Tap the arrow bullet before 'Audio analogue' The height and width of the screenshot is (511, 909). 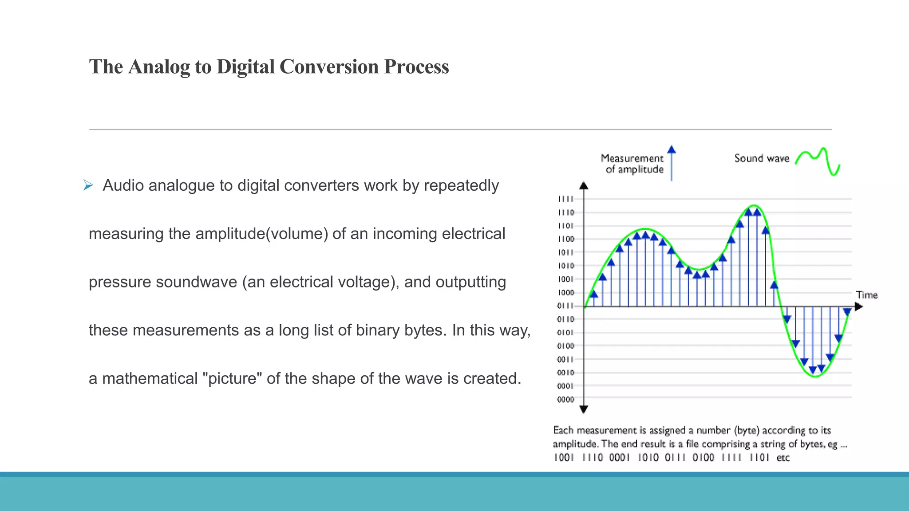click(x=88, y=185)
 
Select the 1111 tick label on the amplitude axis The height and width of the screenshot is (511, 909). click(x=565, y=199)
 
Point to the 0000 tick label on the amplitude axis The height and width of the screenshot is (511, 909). click(x=565, y=400)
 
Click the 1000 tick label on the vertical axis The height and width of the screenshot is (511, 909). click(x=565, y=293)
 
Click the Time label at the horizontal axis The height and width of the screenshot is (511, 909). click(x=867, y=295)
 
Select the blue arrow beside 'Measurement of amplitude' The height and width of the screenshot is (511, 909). click(x=672, y=163)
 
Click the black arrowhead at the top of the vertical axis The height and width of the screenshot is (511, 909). click(x=584, y=186)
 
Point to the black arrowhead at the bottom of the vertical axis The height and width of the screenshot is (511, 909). click(x=584, y=409)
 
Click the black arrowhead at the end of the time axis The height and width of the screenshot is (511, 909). click(x=859, y=307)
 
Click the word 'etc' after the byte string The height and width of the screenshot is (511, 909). click(x=783, y=458)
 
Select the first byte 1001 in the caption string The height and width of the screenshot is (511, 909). click(x=564, y=458)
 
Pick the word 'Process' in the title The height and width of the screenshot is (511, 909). click(x=416, y=67)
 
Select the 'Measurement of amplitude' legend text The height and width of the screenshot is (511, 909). click(x=632, y=164)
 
